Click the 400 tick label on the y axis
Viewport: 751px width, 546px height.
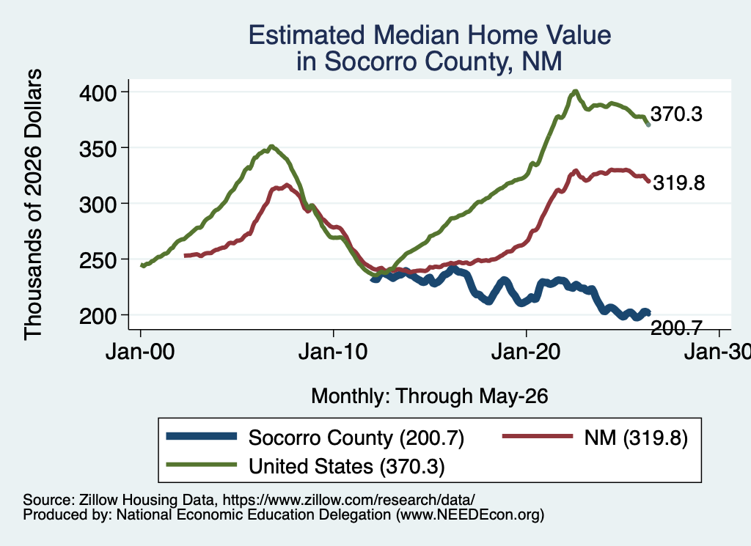tap(98, 92)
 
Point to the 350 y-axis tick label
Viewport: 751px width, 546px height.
tap(98, 148)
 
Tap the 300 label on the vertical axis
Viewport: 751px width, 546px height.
tap(98, 204)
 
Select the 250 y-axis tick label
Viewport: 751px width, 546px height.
tap(98, 260)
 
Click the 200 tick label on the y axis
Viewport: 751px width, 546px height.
tap(98, 316)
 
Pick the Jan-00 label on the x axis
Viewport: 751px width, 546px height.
tap(140, 352)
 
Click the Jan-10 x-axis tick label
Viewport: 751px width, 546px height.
tap(333, 352)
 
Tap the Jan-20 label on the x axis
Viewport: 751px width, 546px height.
tap(526, 352)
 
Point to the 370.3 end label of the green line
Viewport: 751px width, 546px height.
tap(676, 114)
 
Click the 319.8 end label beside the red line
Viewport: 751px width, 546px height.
tap(679, 182)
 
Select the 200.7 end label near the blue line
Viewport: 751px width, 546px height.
tap(676, 328)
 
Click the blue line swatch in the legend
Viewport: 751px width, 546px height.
tap(202, 436)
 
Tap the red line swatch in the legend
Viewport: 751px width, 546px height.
tap(538, 436)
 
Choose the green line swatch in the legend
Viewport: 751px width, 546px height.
tap(202, 465)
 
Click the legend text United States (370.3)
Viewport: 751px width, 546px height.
tap(347, 466)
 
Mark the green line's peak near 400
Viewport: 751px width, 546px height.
tap(575, 92)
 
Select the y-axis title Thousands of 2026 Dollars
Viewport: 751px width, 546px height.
tap(33, 204)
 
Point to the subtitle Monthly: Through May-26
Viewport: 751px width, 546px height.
tap(430, 396)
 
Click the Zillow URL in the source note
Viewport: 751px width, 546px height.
tap(348, 500)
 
